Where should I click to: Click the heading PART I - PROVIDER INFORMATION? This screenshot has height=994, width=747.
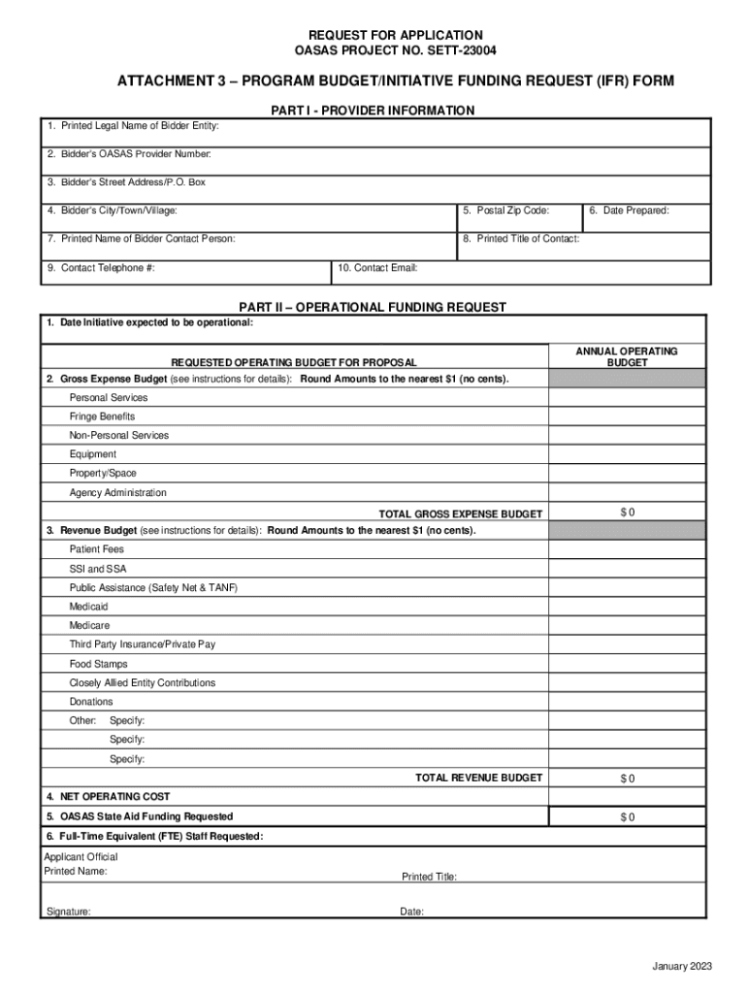click(373, 111)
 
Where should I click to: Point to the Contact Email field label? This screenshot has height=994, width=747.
click(378, 268)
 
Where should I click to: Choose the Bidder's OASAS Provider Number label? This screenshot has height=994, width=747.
click(128, 154)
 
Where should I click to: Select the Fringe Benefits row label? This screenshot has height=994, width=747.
click(102, 416)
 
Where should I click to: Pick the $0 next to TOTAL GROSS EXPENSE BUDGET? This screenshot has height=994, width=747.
click(628, 513)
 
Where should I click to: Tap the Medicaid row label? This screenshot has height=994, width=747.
click(88, 607)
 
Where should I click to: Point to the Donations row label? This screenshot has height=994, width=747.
click(91, 702)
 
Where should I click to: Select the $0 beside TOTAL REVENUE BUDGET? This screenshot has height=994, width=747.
click(628, 779)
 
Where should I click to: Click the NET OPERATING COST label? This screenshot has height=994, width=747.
click(108, 797)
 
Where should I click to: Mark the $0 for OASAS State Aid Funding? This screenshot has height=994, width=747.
click(628, 817)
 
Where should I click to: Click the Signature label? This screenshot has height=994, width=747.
click(69, 912)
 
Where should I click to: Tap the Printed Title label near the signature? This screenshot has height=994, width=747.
click(429, 878)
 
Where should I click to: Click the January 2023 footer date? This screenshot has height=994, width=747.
click(682, 967)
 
